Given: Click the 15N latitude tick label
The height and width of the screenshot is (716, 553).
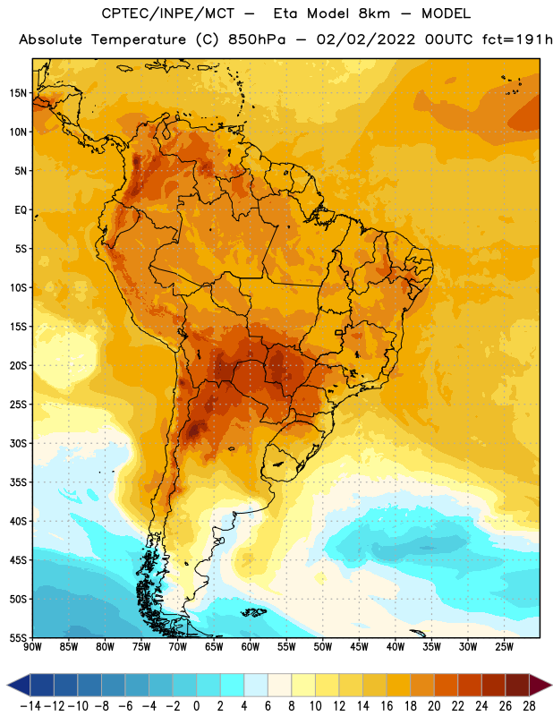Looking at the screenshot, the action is click(x=18, y=93).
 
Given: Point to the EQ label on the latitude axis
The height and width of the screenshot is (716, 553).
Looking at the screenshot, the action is click(x=21, y=210).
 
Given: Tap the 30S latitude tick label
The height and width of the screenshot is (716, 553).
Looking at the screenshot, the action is click(x=18, y=443).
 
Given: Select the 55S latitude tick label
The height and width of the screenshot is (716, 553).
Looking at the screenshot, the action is click(x=18, y=638).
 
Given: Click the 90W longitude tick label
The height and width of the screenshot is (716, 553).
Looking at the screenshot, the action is click(x=32, y=646).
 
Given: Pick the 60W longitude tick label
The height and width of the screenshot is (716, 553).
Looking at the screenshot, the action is click(x=251, y=646).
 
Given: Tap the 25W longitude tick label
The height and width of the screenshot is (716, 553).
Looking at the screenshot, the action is click(x=504, y=646).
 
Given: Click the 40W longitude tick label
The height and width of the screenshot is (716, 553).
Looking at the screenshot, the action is click(x=396, y=646).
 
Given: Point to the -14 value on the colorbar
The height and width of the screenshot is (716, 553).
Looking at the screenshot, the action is click(x=30, y=706).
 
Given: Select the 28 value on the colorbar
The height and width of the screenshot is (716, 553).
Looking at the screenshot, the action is click(x=529, y=706).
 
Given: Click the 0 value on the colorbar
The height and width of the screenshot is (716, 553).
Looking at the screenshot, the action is click(x=196, y=706).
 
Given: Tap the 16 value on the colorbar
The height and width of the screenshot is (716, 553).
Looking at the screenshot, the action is click(x=387, y=706).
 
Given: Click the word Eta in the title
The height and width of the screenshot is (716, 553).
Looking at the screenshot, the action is click(x=285, y=13).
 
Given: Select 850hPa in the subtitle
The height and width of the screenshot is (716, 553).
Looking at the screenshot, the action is click(x=257, y=39).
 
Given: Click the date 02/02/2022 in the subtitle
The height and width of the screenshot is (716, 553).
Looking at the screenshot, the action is click(x=366, y=39).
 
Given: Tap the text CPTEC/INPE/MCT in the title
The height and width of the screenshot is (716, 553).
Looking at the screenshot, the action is click(x=168, y=13).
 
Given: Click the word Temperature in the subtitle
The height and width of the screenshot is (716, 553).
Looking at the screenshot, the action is click(x=139, y=40).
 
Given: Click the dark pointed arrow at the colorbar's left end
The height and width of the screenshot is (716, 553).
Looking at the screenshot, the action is click(x=18, y=685).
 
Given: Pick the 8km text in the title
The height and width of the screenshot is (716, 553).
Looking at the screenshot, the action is click(x=374, y=13).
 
